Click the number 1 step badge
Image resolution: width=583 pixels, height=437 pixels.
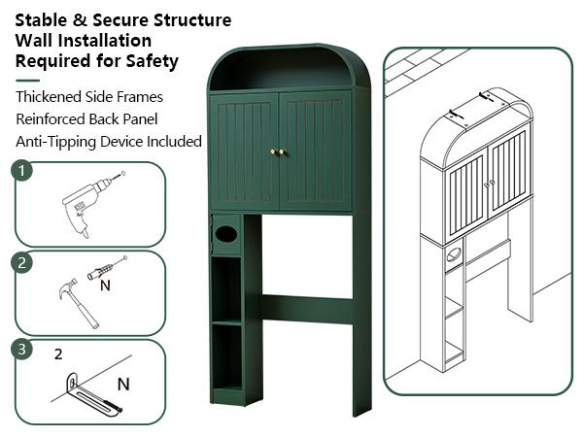pyautogui.click(x=22, y=171)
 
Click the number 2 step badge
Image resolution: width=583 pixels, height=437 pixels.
pyautogui.click(x=22, y=263)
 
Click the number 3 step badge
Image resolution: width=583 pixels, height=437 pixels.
pyautogui.click(x=22, y=350)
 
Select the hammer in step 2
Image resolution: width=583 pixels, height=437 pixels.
pyautogui.click(x=79, y=303)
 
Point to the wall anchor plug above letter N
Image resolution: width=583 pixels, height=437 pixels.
pyautogui.click(x=107, y=267)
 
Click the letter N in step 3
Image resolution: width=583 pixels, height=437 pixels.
pyautogui.click(x=123, y=385)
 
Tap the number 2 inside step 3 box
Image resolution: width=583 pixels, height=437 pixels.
pyautogui.click(x=58, y=354)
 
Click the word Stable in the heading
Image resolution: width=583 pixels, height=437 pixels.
pyautogui.click(x=41, y=20)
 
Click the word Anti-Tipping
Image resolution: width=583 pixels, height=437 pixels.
pyautogui.click(x=55, y=142)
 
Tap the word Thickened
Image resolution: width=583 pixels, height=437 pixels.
pyautogui.click(x=48, y=96)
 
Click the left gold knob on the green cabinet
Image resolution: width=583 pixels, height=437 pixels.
pyautogui.click(x=272, y=151)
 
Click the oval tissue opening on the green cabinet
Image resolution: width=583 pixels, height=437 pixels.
pyautogui.click(x=226, y=234)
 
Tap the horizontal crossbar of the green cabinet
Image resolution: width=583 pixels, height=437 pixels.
pyautogui.click(x=307, y=309)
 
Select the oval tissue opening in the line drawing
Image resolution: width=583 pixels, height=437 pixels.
pyautogui.click(x=454, y=254)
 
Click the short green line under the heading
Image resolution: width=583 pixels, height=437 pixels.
pyautogui.click(x=27, y=81)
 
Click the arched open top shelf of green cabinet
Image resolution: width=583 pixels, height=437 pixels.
pyautogui.click(x=282, y=70)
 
